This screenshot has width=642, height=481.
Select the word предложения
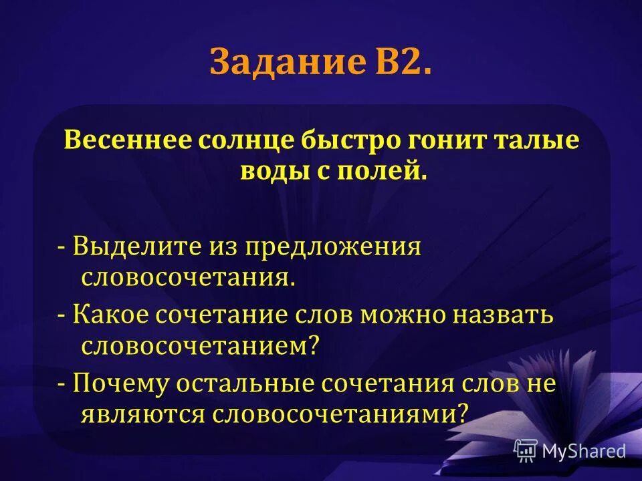click(334, 247)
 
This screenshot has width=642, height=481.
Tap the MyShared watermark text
click(584, 451)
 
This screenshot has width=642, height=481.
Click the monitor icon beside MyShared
click(526, 450)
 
